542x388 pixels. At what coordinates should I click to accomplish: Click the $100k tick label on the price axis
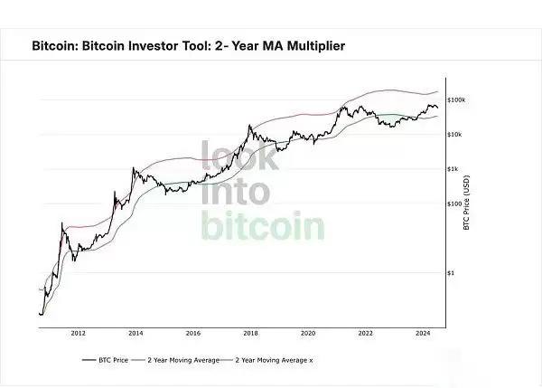(x=455, y=100)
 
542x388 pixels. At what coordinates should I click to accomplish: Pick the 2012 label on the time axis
(x=78, y=333)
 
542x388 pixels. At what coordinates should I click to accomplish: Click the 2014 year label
(x=135, y=333)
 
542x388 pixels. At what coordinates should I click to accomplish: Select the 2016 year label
(x=192, y=333)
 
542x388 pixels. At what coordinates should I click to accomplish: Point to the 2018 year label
(x=250, y=333)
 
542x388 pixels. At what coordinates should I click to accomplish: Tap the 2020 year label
(x=308, y=333)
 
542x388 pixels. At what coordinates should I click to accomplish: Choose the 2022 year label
(x=365, y=333)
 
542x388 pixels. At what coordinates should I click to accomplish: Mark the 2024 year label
(x=423, y=333)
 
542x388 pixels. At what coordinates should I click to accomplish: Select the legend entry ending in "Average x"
(x=276, y=360)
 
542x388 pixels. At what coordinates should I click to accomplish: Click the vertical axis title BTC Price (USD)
(x=466, y=203)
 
